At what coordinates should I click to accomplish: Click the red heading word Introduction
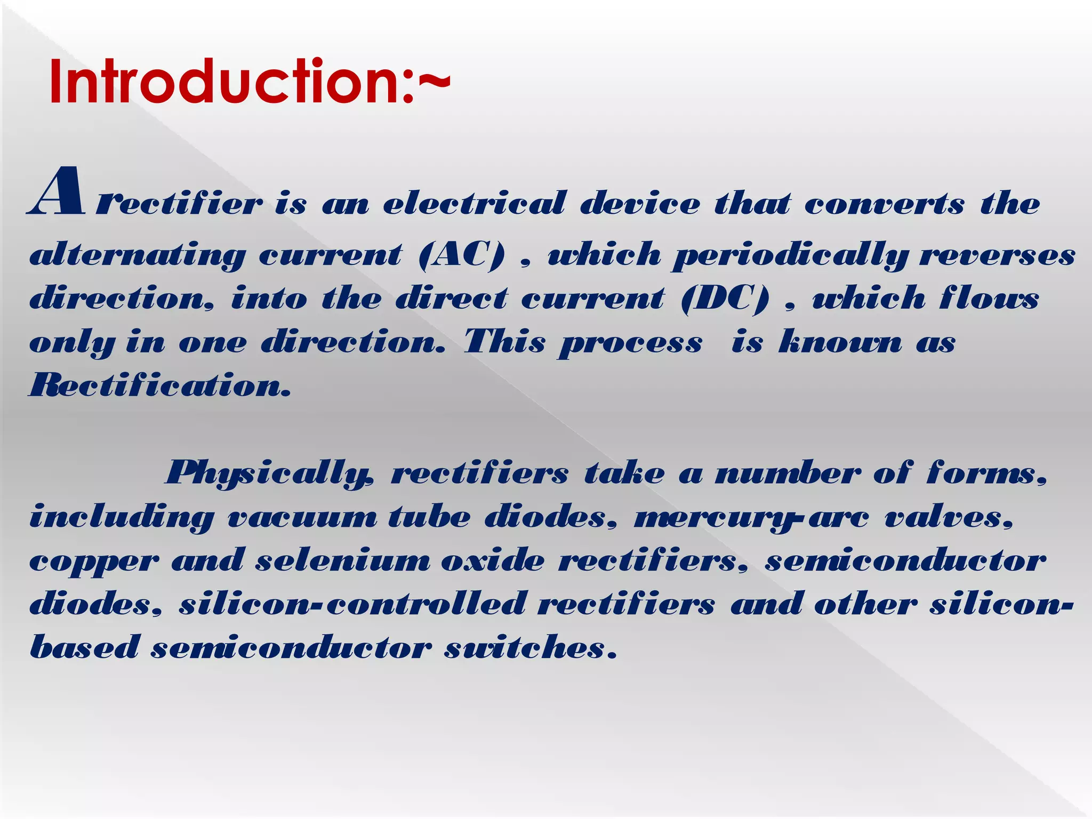224,83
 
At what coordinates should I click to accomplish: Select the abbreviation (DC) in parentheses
725,298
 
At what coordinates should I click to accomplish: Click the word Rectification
160,385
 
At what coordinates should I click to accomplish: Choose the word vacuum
302,517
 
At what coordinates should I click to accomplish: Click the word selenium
342,561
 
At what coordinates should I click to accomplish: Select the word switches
530,648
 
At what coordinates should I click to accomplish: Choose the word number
787,473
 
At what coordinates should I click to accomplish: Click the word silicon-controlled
352,605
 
